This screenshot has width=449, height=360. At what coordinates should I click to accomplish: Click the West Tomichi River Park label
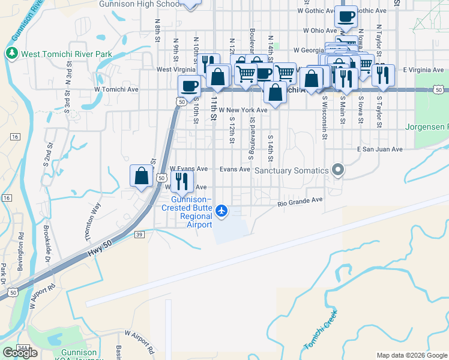tap(67, 54)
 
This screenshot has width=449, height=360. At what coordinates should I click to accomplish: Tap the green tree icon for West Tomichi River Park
tap(11, 54)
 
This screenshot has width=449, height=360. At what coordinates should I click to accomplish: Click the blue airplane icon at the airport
tap(222, 210)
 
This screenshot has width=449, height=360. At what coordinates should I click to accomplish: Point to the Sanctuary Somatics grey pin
tap(338, 170)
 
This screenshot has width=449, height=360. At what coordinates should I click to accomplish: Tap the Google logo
tap(20, 353)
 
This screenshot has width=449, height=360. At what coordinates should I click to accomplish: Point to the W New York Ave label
tap(243, 110)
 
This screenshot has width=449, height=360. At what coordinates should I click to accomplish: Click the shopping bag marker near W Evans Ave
tap(141, 176)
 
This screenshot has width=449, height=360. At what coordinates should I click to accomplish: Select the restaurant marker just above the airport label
tap(182, 181)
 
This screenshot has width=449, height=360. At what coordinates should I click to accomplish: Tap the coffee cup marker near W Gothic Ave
tap(346, 17)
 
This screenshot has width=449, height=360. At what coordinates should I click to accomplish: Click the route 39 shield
tap(139, 234)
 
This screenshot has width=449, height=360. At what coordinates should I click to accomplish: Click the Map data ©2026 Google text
tap(412, 355)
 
